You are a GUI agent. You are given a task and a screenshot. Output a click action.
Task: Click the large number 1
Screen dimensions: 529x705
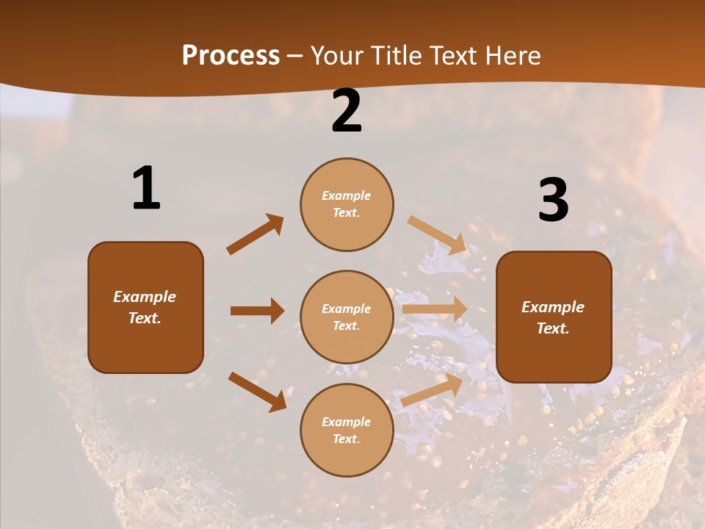tap(146, 188)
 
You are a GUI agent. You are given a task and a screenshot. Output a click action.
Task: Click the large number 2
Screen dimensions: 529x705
tap(347, 111)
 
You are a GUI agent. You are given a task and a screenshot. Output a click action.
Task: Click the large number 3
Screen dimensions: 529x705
tap(553, 200)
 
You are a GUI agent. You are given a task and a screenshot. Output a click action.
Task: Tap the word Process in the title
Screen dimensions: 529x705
tap(231, 56)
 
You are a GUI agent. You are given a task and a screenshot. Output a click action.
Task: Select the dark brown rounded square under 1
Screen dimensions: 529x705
tap(145, 307)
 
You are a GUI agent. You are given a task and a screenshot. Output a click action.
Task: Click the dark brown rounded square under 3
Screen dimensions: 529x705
tap(554, 317)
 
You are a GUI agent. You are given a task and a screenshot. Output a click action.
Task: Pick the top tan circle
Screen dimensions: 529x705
tap(347, 204)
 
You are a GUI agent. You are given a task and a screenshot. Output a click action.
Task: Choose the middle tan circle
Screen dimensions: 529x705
tap(347, 317)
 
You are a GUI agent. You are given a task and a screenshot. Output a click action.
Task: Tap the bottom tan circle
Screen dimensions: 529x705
tap(347, 430)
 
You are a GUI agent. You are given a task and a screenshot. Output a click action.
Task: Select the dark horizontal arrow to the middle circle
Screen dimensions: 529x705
tap(257, 311)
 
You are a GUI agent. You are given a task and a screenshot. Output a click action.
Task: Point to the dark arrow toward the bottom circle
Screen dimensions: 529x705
tap(257, 392)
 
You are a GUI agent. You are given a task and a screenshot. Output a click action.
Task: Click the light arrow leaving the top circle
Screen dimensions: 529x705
tap(437, 234)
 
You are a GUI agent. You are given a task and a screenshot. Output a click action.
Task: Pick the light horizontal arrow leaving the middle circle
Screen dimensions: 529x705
tap(435, 309)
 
